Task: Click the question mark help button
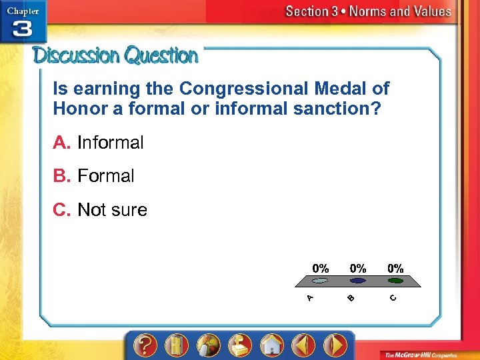145,345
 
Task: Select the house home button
271,345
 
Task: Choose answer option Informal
110,143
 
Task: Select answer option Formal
105,176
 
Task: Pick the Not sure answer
112,210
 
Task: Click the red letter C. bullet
63,210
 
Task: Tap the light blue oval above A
321,281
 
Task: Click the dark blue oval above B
358,281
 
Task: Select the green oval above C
395,281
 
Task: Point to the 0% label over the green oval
395,268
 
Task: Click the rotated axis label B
351,298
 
